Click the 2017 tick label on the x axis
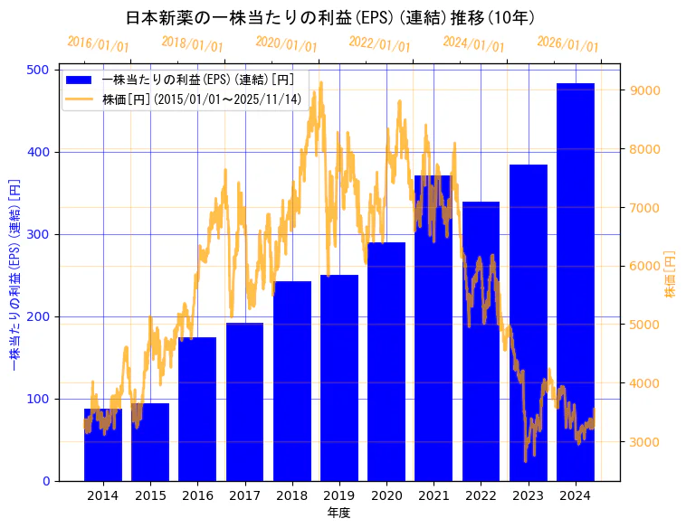(244, 495)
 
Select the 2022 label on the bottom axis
(481, 495)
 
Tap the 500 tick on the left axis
(40, 70)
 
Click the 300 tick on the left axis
(40, 234)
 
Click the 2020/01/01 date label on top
(286, 43)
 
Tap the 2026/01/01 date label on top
(567, 43)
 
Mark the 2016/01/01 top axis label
(98, 43)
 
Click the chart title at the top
(329, 18)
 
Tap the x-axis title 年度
(338, 513)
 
